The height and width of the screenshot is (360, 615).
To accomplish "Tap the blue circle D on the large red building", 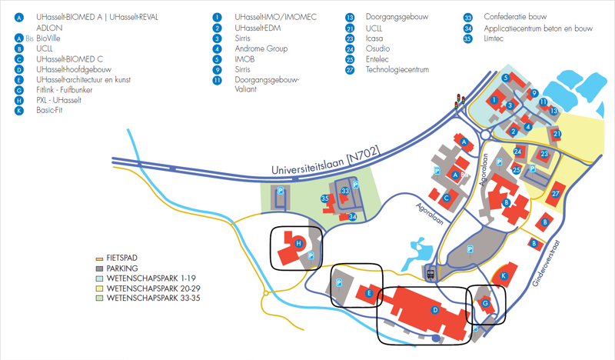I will (x=435, y=310).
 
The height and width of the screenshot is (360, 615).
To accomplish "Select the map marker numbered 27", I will (x=555, y=195).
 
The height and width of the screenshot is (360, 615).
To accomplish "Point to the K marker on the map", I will (x=504, y=275).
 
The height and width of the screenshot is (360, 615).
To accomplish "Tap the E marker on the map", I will (x=370, y=293).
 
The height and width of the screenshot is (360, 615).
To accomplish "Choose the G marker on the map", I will (x=485, y=303).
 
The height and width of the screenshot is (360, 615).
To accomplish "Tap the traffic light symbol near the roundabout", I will (x=460, y=99).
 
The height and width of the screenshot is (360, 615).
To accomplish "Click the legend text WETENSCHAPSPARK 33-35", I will (x=154, y=297).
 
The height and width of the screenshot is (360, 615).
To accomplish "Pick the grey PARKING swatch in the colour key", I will (x=99, y=268).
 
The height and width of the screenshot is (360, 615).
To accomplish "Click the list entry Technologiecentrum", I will (x=397, y=70).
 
